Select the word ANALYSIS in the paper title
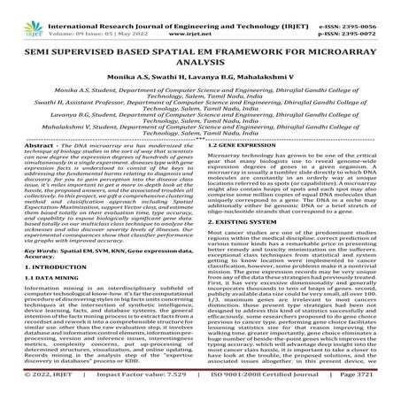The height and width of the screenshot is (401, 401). [200, 67]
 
